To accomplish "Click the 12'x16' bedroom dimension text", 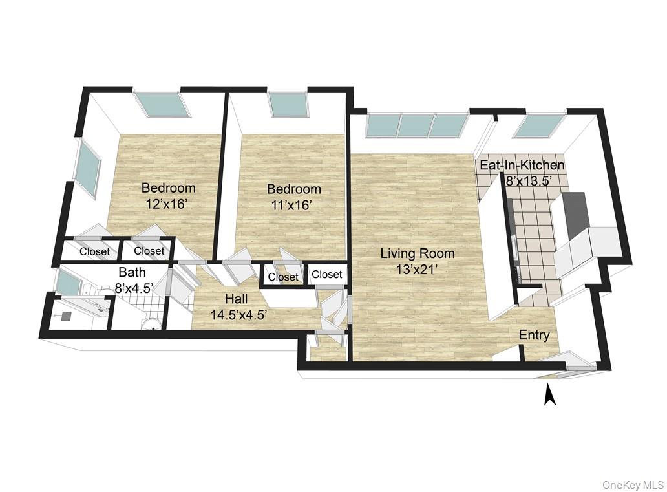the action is pos(166,204).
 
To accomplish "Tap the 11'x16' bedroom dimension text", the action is pos(292,206).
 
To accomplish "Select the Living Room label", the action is pos(418,253).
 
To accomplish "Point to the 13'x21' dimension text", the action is pos(418,270).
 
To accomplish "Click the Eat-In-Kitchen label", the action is pos(522,165).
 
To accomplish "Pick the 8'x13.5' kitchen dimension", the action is pos(529,180).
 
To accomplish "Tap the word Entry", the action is pos(535,336).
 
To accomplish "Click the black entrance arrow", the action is pos(550,394).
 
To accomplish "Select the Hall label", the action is pos(237,299).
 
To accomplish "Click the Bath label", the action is pos(132,272).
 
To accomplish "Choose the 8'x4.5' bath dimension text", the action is pos(134,288).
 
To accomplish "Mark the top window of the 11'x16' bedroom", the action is pos(288,104).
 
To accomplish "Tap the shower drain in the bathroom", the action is pos(67,316).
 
